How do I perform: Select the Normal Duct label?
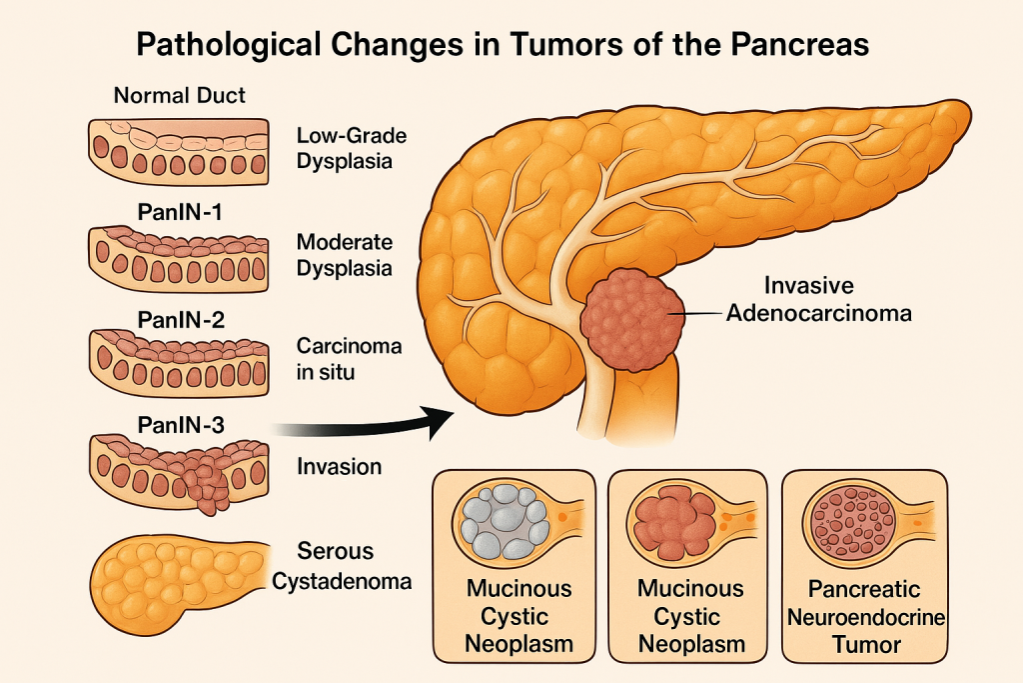[x=180, y=97]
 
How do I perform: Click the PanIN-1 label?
[x=180, y=211]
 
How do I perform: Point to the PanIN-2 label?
[x=180, y=320]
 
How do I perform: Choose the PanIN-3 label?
[x=180, y=424]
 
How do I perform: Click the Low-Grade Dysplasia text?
[x=352, y=147]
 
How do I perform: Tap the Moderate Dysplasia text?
[x=345, y=255]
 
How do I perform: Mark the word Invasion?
[x=339, y=466]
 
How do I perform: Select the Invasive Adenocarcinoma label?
[x=818, y=299]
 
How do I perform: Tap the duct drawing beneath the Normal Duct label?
[x=180, y=147]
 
